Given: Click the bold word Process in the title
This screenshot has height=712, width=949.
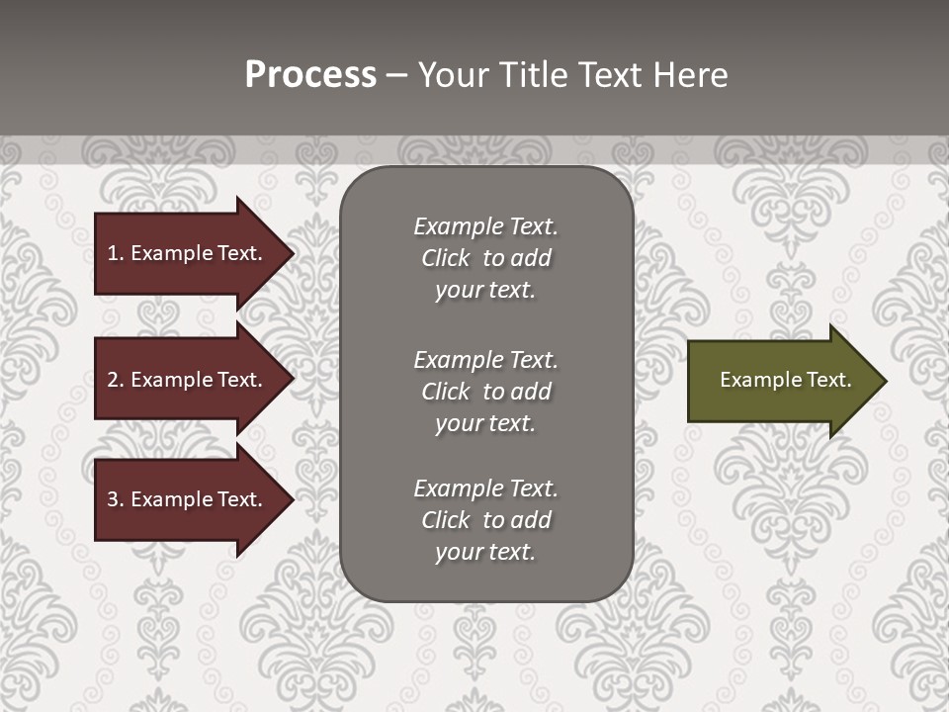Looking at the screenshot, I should [310, 75].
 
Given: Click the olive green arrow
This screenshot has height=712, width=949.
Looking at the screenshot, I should [781, 380].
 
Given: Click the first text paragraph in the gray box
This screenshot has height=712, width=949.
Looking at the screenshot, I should [485, 258].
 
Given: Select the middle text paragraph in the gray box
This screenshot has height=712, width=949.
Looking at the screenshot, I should [485, 392].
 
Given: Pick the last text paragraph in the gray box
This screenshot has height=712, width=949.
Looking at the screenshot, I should [485, 520].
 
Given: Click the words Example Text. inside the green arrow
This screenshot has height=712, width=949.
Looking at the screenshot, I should [785, 380].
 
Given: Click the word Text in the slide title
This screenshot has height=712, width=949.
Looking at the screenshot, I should [610, 75].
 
